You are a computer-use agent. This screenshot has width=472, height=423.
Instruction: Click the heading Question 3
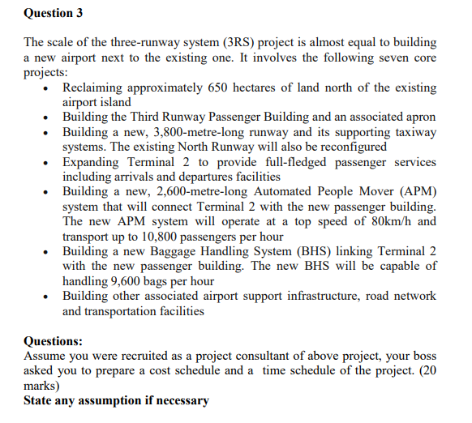pos(53,13)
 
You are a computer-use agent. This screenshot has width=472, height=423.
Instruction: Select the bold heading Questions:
pos(54,341)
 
